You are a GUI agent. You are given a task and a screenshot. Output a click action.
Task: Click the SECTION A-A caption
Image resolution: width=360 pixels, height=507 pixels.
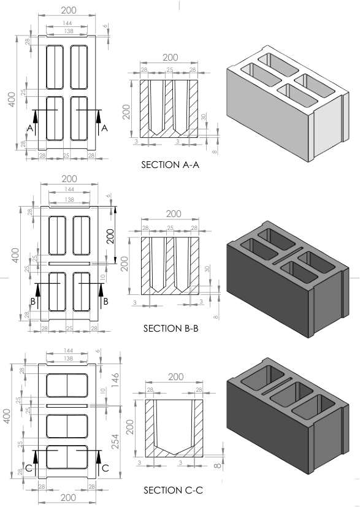(x=170, y=165)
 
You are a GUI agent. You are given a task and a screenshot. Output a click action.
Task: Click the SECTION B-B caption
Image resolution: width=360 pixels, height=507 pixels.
(x=170, y=329)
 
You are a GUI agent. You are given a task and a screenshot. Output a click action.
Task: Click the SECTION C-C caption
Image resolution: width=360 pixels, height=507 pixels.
(x=173, y=490)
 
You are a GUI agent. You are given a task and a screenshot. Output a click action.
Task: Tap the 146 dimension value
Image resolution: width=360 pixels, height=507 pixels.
(x=115, y=381)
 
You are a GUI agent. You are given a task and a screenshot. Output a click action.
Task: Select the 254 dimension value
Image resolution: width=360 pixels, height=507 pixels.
(x=115, y=441)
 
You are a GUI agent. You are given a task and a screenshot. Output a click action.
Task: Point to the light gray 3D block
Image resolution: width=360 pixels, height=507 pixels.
(x=288, y=104)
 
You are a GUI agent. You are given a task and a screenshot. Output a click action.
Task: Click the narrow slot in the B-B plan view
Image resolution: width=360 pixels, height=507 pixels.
(x=69, y=264)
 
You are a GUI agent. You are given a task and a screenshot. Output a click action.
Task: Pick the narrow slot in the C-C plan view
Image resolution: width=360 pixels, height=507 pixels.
(x=67, y=406)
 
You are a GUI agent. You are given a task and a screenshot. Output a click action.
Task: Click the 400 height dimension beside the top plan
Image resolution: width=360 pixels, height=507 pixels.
(x=12, y=100)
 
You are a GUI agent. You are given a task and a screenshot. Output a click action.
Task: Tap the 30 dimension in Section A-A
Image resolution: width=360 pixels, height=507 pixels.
(x=204, y=117)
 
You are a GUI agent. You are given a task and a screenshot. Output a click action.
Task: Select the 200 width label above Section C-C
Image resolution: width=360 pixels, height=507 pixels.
(x=176, y=377)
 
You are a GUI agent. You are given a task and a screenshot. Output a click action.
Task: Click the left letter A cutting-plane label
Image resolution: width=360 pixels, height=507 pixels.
(x=30, y=128)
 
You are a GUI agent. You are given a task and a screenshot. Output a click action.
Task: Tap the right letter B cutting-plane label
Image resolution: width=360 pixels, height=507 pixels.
(x=105, y=302)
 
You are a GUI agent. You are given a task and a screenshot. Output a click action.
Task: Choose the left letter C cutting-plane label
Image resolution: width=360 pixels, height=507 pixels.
(x=29, y=468)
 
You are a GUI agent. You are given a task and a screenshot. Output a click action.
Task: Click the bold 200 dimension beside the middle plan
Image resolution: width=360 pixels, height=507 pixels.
(x=110, y=237)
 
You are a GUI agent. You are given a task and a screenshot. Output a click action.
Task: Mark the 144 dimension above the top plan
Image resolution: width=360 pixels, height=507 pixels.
(x=67, y=23)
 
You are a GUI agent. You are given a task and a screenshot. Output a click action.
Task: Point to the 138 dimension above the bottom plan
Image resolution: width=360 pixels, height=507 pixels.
(x=68, y=359)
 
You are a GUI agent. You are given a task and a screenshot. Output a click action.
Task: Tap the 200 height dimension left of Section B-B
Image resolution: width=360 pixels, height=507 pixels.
(x=126, y=264)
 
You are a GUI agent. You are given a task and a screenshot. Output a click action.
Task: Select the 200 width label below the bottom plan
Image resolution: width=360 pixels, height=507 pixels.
(x=68, y=498)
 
